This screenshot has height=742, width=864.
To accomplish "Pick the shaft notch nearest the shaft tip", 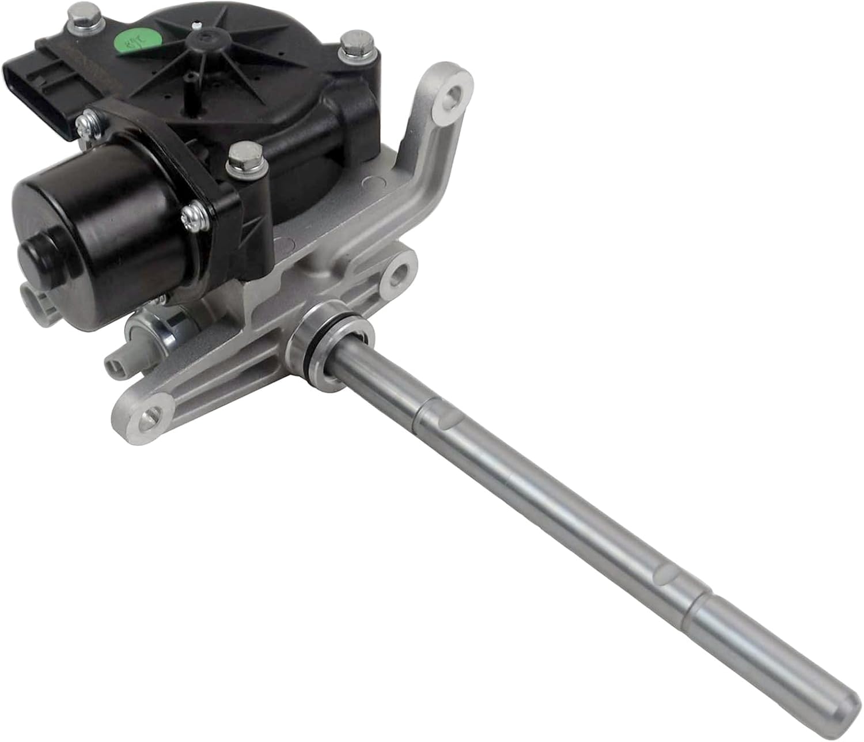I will point(667,573).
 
